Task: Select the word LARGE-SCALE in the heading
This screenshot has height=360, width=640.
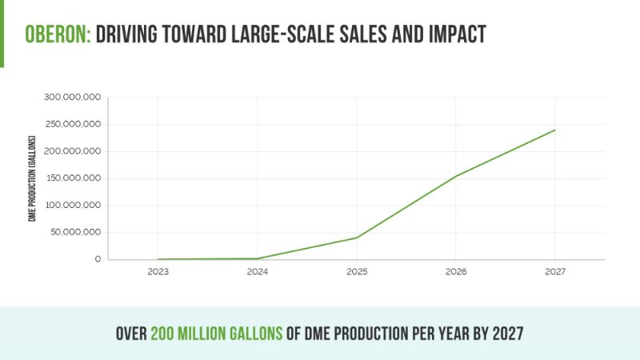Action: pyautogui.click(x=279, y=35)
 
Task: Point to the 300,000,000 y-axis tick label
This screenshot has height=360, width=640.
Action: pyautogui.click(x=72, y=98)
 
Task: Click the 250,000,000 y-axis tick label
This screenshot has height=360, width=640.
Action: pyautogui.click(x=72, y=124)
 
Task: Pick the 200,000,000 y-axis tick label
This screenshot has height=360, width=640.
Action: pyautogui.click(x=72, y=151)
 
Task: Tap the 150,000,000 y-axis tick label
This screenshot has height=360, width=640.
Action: pyautogui.click(x=72, y=178)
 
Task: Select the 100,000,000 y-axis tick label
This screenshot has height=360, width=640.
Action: pyautogui.click(x=72, y=206)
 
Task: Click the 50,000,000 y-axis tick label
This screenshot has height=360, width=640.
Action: pyautogui.click(x=74, y=233)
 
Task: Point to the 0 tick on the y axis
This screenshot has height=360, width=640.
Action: pyautogui.click(x=98, y=259)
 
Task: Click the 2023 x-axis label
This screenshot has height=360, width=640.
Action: pyautogui.click(x=158, y=272)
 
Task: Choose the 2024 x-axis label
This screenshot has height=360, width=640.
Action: pyautogui.click(x=258, y=272)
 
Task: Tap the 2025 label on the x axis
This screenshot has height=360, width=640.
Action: pyautogui.click(x=357, y=272)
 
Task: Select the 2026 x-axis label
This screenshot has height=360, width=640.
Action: pyautogui.click(x=456, y=272)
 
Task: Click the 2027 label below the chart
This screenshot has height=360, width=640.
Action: pyautogui.click(x=555, y=272)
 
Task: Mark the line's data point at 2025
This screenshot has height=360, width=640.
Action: pyautogui.click(x=357, y=238)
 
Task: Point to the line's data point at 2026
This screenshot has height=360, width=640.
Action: pyautogui.click(x=456, y=176)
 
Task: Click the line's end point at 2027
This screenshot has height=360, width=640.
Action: pyautogui.click(x=555, y=130)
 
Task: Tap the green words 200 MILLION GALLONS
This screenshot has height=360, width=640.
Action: pyautogui.click(x=216, y=332)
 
